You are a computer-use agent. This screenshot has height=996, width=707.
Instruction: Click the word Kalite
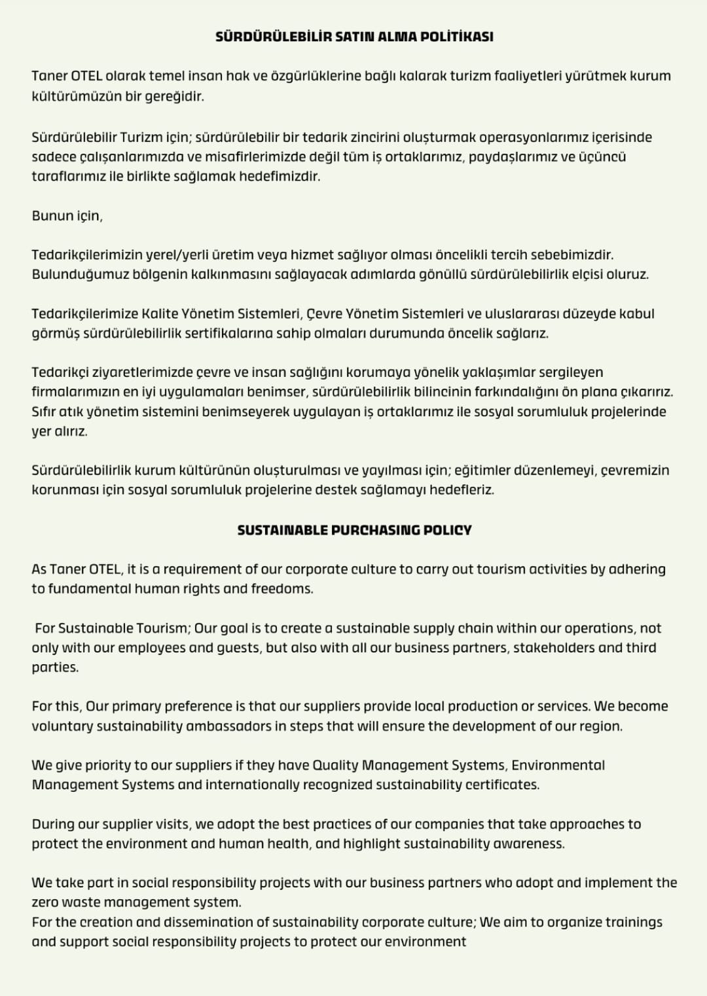(160, 313)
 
